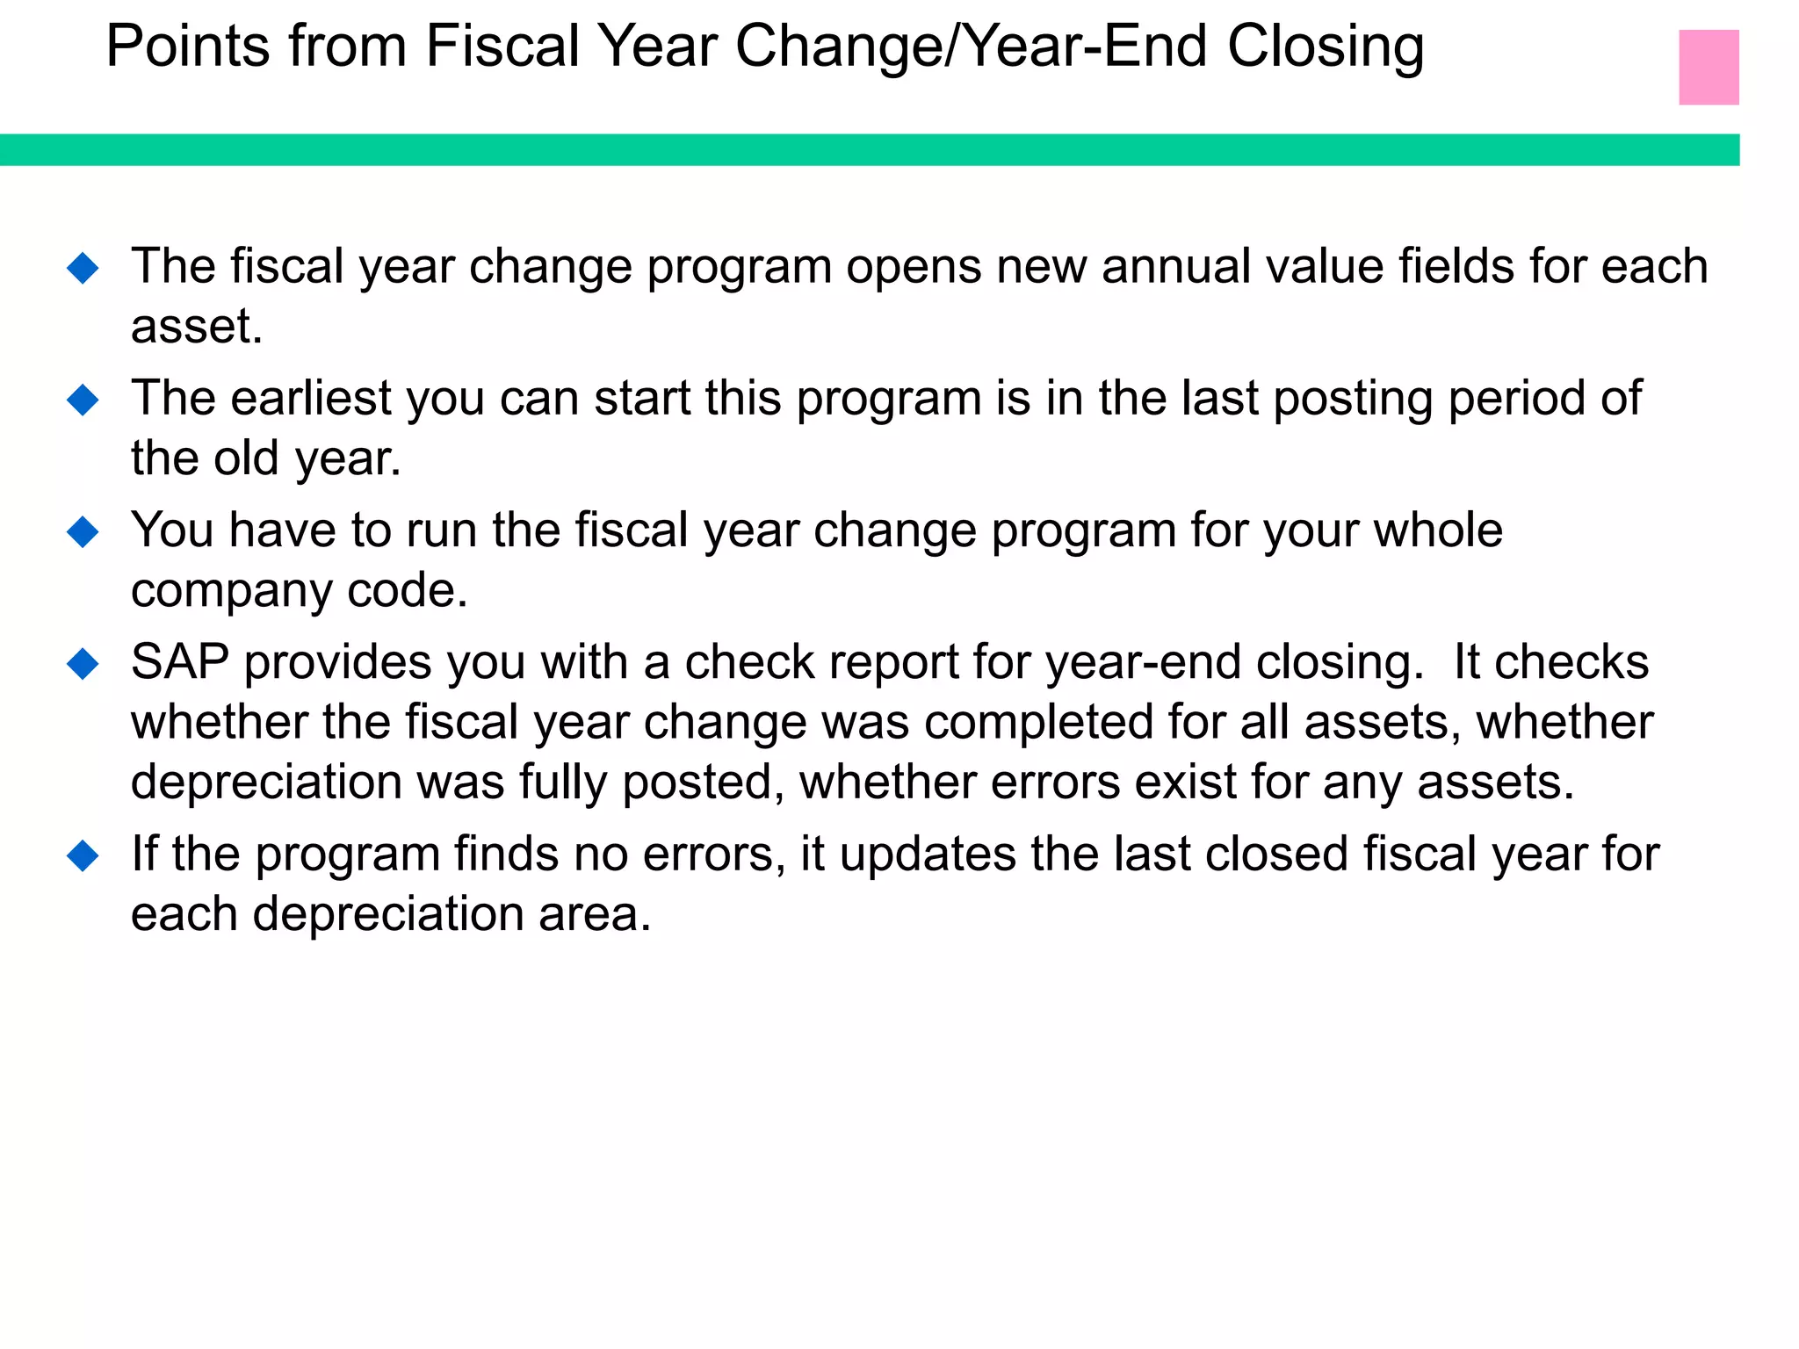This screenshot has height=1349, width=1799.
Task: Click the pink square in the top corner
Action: [x=1708, y=67]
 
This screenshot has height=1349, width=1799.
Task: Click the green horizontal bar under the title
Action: [x=870, y=149]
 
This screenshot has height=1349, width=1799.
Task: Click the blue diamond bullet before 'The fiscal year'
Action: [x=83, y=267]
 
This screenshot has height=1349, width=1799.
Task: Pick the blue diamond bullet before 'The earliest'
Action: [x=83, y=400]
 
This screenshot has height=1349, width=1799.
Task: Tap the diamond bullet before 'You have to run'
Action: [x=83, y=531]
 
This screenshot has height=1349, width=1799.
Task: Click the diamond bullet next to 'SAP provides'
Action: [x=83, y=663]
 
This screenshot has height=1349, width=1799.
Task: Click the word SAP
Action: [x=180, y=662]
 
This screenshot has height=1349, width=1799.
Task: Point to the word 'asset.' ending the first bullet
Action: [x=197, y=327]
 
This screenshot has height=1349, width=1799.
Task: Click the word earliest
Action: [x=311, y=399]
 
